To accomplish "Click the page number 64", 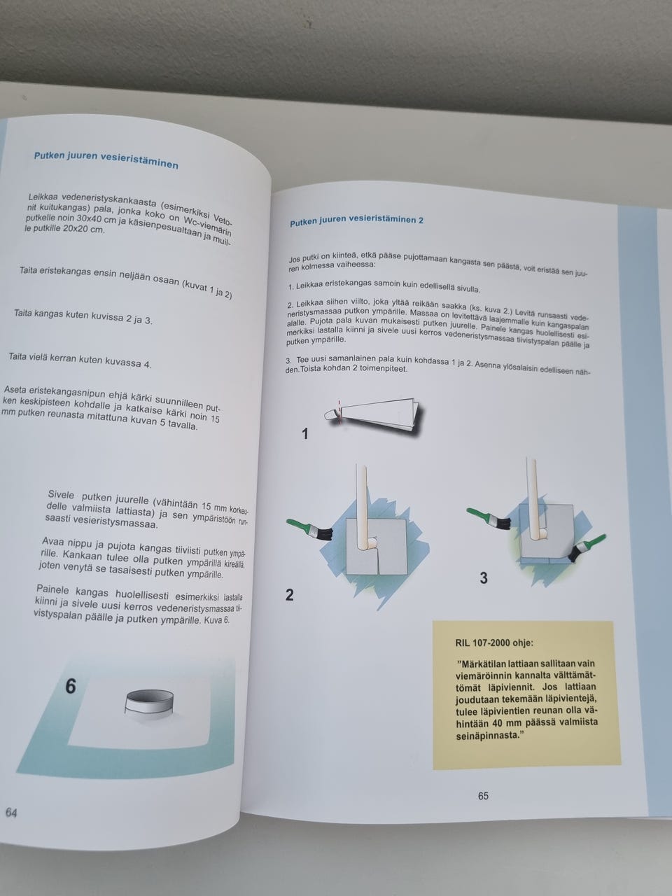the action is click(11, 813).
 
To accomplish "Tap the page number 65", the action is click(483, 796).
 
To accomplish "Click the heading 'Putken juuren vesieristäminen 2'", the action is click(356, 220).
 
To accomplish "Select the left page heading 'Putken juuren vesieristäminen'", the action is click(106, 160).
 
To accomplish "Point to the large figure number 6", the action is click(71, 686).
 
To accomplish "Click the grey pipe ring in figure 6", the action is click(149, 705).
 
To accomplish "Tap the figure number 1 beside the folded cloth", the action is click(304, 434).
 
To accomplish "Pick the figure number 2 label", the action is click(289, 595).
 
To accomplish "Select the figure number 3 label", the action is click(484, 578).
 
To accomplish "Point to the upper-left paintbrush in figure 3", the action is click(489, 518).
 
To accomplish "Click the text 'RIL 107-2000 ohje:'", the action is click(494, 643).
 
